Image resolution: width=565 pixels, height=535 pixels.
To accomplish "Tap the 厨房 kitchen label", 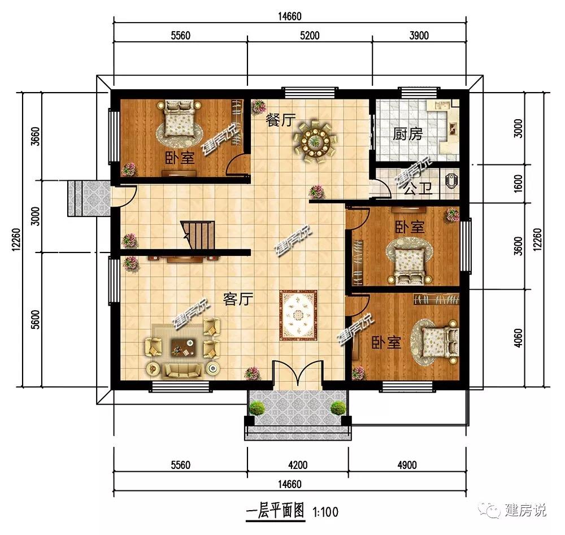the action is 407,134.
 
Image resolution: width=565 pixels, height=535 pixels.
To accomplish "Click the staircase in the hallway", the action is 198,234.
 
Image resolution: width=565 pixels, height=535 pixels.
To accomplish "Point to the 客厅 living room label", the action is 238,299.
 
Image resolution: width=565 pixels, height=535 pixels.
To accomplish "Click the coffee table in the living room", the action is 182,346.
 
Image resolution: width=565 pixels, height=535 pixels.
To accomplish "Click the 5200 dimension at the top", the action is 310,35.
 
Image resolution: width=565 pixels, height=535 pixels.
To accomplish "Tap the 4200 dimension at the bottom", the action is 298,465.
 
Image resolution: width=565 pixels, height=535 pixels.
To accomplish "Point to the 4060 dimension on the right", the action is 518,338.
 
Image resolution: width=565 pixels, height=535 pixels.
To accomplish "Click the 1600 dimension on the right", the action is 518,184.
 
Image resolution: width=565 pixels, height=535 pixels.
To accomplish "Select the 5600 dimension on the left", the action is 35,320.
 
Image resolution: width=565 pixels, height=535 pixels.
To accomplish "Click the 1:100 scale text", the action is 325,512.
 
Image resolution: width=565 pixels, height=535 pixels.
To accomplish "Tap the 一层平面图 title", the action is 276,511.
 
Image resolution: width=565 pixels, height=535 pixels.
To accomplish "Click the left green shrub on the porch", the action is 257,408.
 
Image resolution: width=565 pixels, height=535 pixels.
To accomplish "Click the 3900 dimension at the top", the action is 419,35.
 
